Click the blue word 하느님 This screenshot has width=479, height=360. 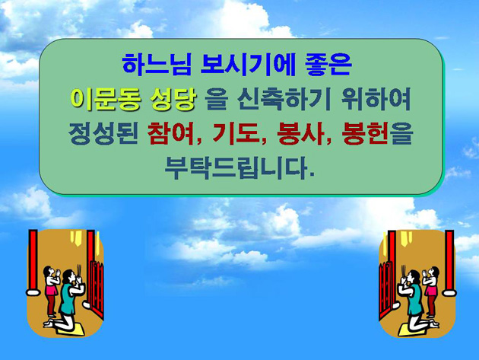point(157,65)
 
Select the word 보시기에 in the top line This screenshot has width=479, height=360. point(248,65)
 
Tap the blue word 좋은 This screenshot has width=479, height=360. point(328,65)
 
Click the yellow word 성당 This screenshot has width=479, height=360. point(173,99)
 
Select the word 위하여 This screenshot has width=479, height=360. point(376,99)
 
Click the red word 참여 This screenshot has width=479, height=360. point(171,134)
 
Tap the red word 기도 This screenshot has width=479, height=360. point(236,134)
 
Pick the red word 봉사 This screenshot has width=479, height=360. point(301,134)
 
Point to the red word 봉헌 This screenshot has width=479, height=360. point(366,134)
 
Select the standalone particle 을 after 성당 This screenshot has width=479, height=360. point(216,99)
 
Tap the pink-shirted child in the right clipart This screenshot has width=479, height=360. point(432,291)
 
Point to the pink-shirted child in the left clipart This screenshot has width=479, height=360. point(51,291)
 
